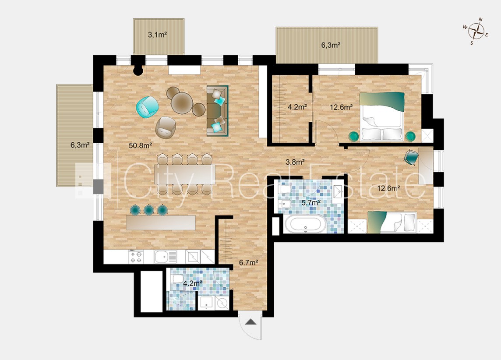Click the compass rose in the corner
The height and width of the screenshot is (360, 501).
(x=476, y=31)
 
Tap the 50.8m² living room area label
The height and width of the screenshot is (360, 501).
(x=140, y=146)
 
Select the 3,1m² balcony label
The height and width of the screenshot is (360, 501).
(x=157, y=35)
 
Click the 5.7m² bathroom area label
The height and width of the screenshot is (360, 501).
(x=311, y=202)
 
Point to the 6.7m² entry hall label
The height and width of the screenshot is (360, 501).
(x=249, y=263)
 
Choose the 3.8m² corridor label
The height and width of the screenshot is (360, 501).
(x=295, y=162)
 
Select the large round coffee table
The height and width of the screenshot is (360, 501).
(x=182, y=102)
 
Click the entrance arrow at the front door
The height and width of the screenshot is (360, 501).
(x=250, y=321)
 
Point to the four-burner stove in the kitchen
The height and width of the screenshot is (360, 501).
(x=136, y=257)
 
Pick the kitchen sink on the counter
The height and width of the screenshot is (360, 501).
(x=165, y=257)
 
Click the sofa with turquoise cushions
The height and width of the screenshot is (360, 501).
(x=217, y=110)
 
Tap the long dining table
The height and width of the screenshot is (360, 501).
(x=183, y=174)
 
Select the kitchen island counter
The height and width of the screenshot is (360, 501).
(x=161, y=222)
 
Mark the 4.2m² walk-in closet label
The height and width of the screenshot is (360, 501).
(x=297, y=107)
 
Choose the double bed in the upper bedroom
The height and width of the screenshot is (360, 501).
(x=381, y=116)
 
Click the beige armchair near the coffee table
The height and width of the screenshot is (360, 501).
(x=166, y=127)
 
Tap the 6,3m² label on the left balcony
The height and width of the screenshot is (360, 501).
(x=80, y=145)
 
